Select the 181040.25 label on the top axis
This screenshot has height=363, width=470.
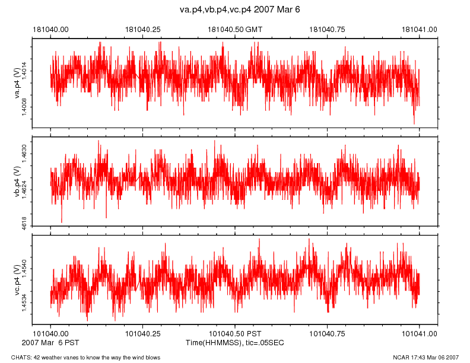coord(143,29)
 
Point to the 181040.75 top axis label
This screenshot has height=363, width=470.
coord(328,29)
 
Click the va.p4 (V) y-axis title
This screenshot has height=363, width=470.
coord(17,83)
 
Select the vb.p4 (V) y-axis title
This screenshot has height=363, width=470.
coord(17,181)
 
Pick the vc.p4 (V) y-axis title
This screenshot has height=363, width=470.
coord(17,279)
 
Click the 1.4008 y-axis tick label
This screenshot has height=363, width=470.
coord(24,107)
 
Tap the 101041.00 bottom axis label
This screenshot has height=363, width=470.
coord(420,335)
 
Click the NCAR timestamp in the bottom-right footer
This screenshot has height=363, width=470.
coord(426,357)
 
